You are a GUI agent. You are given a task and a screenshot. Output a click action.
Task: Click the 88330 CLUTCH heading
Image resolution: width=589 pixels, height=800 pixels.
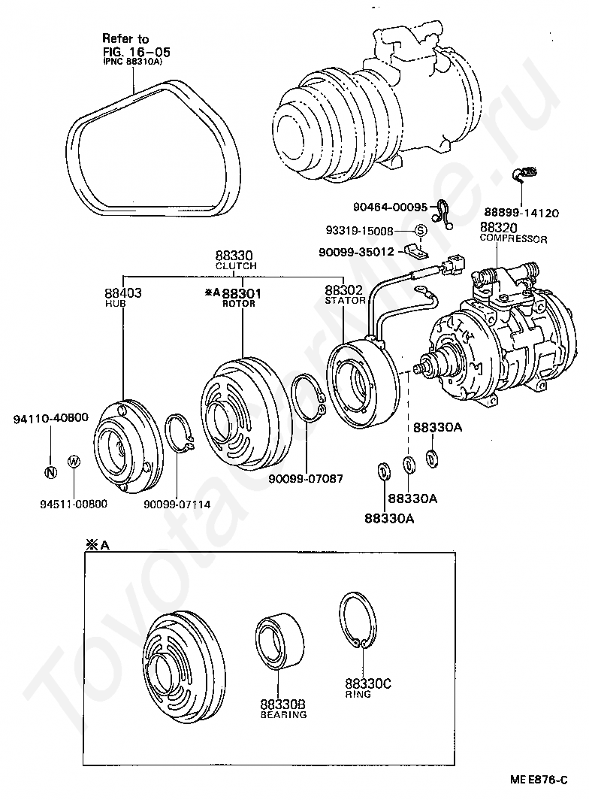click(x=235, y=260)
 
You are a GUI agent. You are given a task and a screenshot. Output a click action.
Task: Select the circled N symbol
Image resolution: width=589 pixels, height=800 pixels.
click(x=50, y=472)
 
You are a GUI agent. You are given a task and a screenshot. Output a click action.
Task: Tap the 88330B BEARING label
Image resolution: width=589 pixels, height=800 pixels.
click(x=282, y=708)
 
